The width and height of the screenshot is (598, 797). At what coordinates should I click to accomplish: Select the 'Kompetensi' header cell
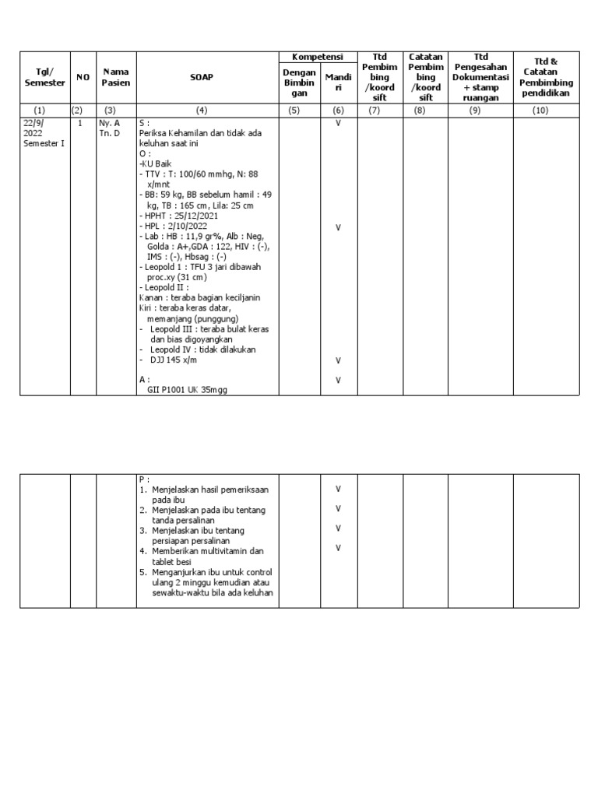pyautogui.click(x=318, y=58)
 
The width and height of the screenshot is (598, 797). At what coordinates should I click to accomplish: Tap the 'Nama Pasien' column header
pyautogui.click(x=115, y=77)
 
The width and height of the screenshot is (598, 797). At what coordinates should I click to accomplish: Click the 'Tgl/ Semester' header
pyautogui.click(x=45, y=77)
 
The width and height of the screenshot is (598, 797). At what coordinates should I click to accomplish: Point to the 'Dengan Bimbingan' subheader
pyautogui.click(x=299, y=83)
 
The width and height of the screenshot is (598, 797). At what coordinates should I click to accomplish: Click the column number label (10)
pyautogui.click(x=540, y=111)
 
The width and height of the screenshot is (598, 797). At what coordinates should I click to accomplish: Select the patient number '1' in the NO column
pyautogui.click(x=80, y=123)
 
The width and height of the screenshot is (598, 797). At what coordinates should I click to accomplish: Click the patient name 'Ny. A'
pyautogui.click(x=109, y=123)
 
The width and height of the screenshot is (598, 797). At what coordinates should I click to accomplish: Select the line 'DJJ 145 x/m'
pyautogui.click(x=174, y=360)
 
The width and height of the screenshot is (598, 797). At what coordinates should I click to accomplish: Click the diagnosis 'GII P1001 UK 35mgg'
pyautogui.click(x=188, y=390)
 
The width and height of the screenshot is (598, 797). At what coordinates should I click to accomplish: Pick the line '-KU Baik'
pyautogui.click(x=157, y=164)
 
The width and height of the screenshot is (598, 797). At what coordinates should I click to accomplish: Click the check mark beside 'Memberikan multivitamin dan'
pyautogui.click(x=338, y=548)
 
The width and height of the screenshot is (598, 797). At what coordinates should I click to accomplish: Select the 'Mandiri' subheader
pyautogui.click(x=338, y=83)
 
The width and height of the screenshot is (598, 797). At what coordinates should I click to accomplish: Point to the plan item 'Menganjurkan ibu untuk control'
pyautogui.click(x=209, y=572)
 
